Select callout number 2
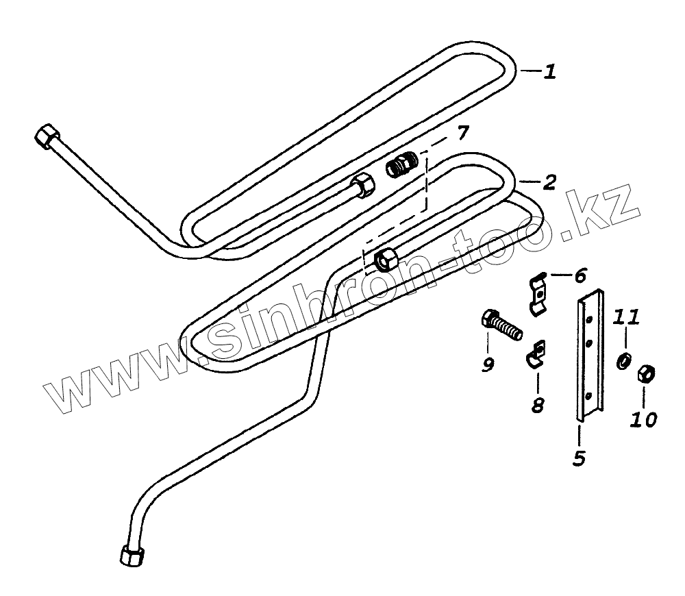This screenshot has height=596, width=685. click(x=549, y=184)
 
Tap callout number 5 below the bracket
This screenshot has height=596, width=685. click(x=579, y=457)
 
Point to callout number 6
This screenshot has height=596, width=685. click(x=580, y=276)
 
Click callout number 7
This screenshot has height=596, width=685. click(x=464, y=133)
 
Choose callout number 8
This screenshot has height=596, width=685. click(x=538, y=403)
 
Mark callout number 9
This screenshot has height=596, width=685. click(x=488, y=365)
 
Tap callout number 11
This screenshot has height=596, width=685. click(x=627, y=317)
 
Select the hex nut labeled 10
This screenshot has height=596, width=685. click(x=645, y=375)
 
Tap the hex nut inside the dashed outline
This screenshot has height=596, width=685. click(x=386, y=259)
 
